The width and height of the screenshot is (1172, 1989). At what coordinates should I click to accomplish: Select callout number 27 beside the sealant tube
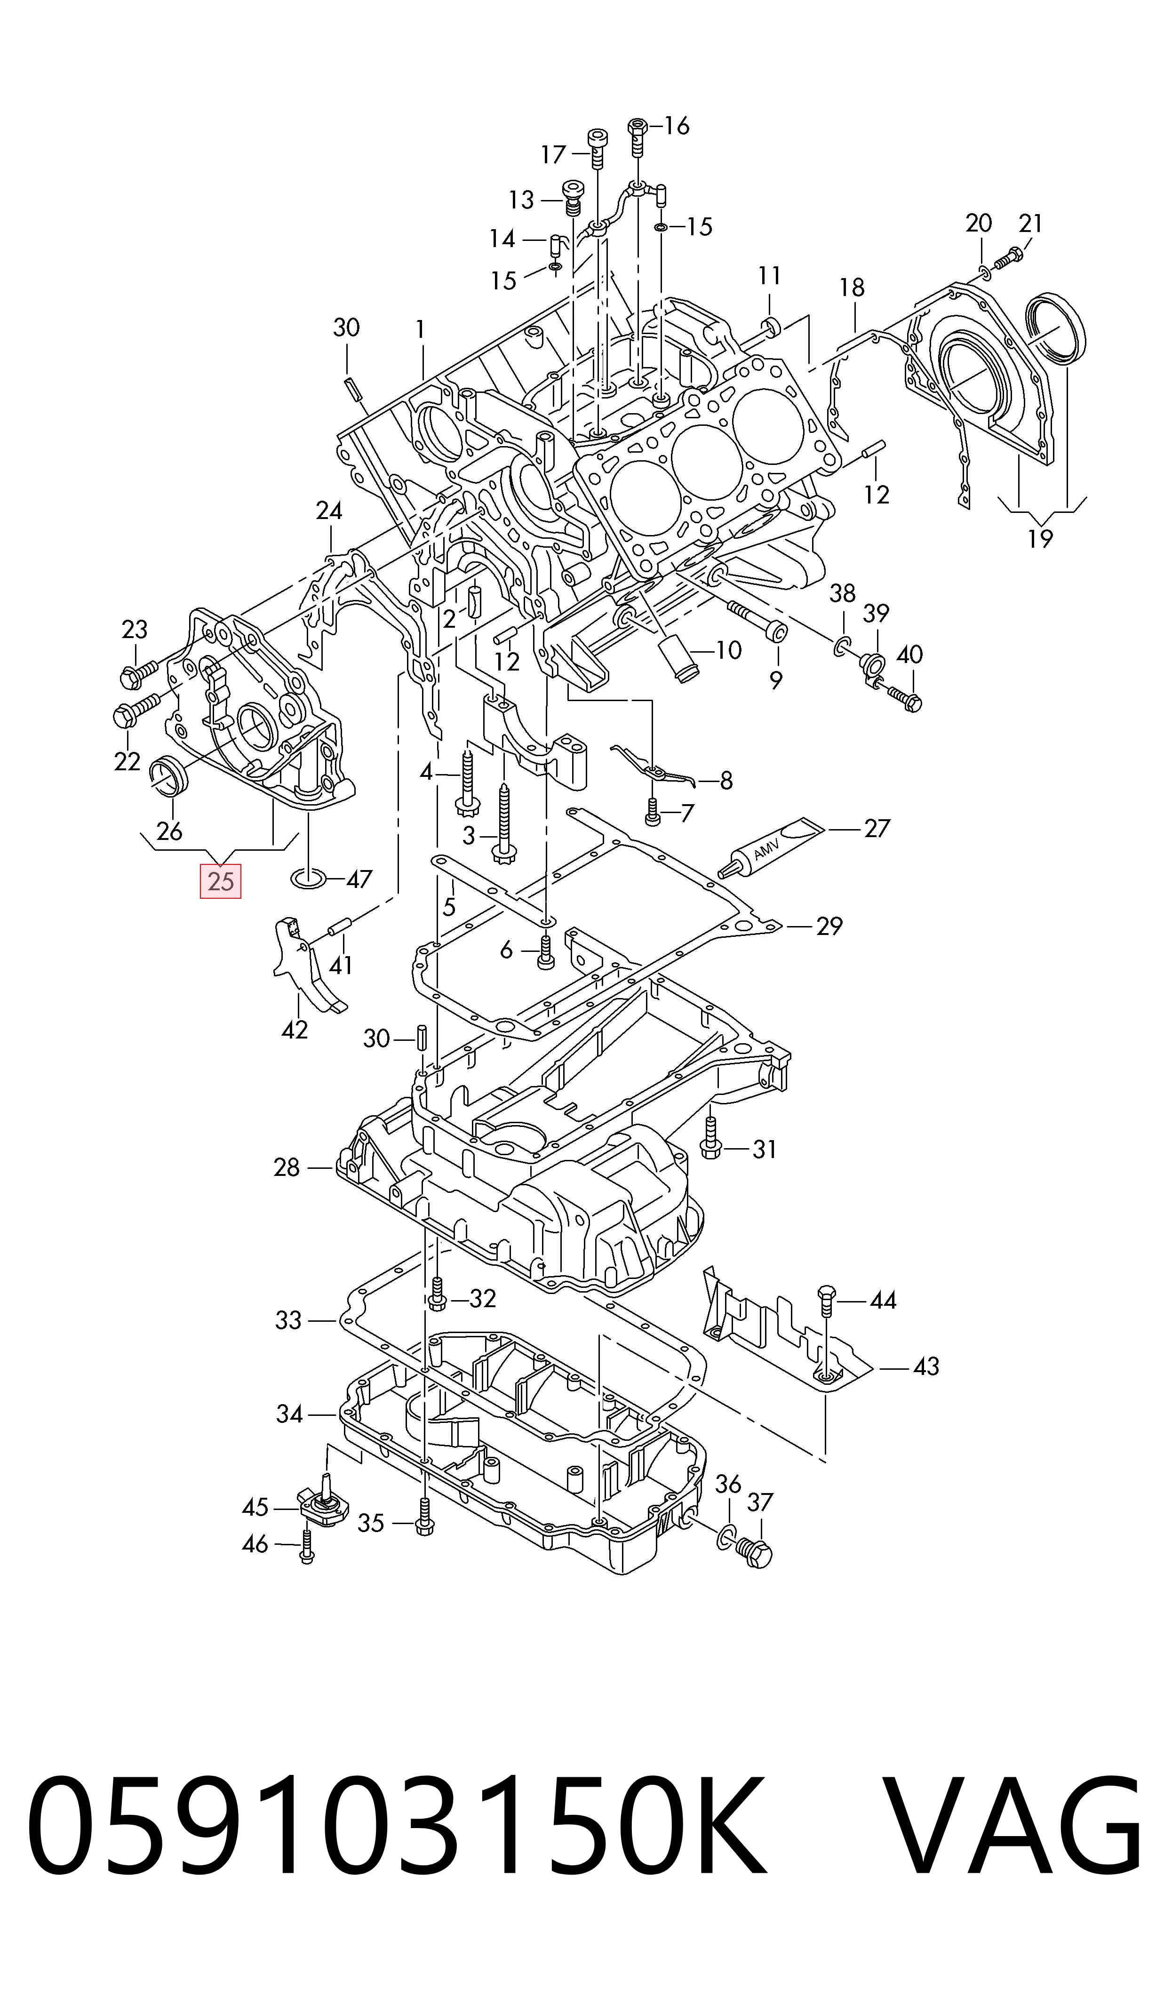877,828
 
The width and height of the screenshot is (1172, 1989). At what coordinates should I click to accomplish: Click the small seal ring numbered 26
169,773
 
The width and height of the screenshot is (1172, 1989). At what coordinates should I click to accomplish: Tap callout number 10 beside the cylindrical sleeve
729,650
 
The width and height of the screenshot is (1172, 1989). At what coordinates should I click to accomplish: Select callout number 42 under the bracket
295,1030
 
